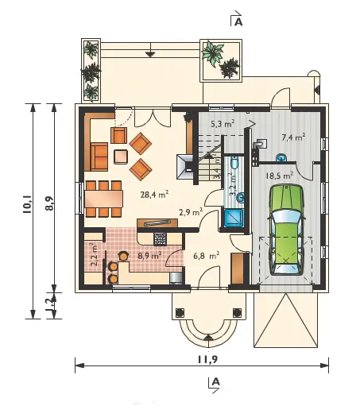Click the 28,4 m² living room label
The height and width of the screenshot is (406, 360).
point(154,195)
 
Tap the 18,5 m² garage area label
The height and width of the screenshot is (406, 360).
point(280,176)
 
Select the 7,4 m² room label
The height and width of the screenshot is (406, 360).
point(293,137)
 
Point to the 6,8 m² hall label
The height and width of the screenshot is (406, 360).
point(207,256)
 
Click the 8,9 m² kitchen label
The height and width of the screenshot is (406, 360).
point(150,256)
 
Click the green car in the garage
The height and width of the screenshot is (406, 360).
point(286,230)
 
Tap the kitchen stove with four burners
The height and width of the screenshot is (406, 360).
point(160,238)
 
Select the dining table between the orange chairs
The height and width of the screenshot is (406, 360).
point(104,199)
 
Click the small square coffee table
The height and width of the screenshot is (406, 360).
point(121,157)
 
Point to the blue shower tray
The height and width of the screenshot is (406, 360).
point(233,218)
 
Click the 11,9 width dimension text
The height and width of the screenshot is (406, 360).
point(207,359)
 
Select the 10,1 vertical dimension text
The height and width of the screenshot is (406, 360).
point(28,204)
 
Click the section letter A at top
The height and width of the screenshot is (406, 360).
point(238,22)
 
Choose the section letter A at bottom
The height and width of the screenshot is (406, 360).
point(216,381)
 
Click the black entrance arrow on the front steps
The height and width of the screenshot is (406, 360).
point(208,337)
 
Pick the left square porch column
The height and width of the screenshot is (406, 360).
point(180,313)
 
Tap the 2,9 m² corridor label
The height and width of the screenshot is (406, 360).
point(191,212)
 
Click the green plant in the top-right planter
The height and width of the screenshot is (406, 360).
point(212,53)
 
